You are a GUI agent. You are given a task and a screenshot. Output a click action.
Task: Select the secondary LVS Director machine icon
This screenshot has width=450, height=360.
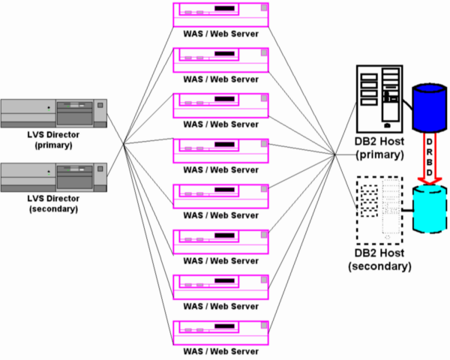[52, 178]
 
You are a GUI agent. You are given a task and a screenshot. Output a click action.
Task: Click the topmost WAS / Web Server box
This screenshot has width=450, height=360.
[222, 13]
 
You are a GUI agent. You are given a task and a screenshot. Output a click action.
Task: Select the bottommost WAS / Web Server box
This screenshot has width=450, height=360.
[222, 331]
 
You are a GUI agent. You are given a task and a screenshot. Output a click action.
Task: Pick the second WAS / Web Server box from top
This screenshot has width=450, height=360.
[222, 58]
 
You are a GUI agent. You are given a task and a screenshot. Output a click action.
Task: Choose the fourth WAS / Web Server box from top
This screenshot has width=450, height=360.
[222, 149]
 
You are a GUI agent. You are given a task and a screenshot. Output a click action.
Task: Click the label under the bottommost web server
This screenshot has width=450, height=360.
[222, 351]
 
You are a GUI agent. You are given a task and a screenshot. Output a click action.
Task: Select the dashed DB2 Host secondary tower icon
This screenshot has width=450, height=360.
[380, 209]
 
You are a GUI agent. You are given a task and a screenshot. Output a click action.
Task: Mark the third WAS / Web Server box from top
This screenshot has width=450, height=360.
[222, 104]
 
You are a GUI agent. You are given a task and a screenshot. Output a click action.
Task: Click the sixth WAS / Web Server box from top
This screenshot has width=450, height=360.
[222, 241]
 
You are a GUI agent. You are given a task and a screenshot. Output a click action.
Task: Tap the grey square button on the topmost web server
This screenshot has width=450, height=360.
[264, 9]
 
